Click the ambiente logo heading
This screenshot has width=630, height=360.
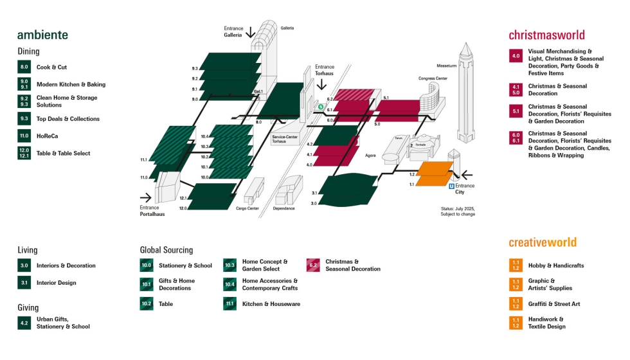coord(42,35)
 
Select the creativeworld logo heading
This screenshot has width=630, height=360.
coord(543,242)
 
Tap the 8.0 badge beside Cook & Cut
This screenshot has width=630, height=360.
coord(24,67)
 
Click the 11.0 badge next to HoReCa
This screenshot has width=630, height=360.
coord(24,136)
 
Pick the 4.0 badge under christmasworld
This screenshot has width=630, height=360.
coord(516,57)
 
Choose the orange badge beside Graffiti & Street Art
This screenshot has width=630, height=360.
coord(516,303)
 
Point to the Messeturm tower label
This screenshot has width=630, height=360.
coord(446,66)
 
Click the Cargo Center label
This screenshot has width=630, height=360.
coord(247,208)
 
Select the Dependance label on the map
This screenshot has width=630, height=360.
coord(283,208)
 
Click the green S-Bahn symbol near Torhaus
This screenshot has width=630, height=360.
coord(321,107)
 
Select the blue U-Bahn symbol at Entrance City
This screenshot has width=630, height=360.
coord(451,186)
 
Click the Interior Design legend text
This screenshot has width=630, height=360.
coord(56,283)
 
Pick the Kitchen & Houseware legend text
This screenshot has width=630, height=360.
coord(271,303)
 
